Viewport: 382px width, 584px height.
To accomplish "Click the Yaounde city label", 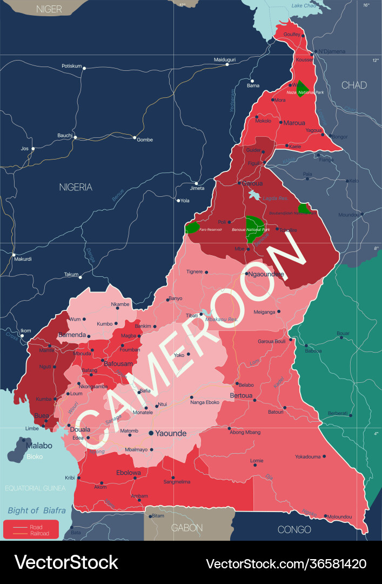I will pos(171,433).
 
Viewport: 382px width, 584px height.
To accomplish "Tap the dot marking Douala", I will pos(69,426).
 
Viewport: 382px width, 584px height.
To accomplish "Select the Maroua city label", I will pos(294,123).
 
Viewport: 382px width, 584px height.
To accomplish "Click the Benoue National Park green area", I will pos(254,229).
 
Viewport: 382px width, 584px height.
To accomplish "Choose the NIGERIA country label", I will pos(76,187).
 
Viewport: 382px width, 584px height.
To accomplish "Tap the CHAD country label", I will pos(354,85).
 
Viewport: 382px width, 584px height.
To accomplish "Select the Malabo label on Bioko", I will pos(39,446).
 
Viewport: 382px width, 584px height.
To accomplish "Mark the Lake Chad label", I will pos(304,5).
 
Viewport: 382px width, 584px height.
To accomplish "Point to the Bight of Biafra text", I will pos(37,510).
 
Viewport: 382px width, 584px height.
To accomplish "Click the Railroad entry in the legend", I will pos(39,533).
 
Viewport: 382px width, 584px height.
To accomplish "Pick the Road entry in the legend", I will pos(36,526).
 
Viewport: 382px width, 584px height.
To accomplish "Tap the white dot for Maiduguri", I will pos(227,65).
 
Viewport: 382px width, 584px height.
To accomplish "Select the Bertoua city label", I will pos(241,395).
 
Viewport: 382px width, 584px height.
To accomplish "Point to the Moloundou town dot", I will pos(325,516).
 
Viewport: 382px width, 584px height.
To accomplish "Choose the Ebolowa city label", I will pos(129,472).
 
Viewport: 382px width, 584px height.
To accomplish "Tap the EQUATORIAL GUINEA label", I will pos(35,488).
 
